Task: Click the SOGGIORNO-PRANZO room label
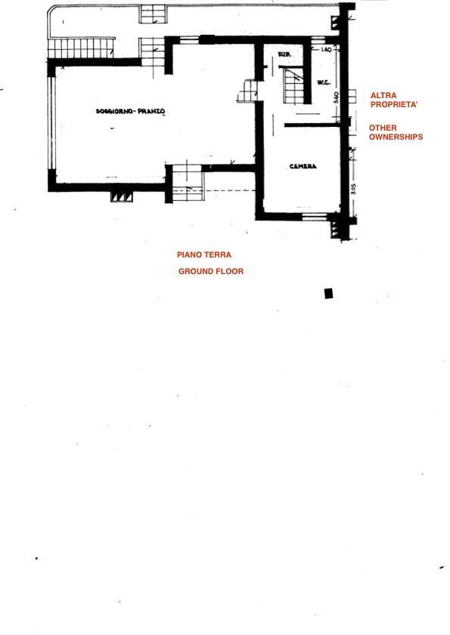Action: (131, 112)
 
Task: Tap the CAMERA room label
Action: (303, 166)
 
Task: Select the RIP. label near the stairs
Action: (285, 55)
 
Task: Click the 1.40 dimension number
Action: (327, 50)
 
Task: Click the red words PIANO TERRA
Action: (204, 255)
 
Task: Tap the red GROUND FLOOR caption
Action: (211, 271)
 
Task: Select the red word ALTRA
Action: (382, 95)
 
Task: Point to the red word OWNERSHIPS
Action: (396, 137)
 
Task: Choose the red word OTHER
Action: (383, 128)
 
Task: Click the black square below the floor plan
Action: (328, 293)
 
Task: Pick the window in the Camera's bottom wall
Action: (314, 216)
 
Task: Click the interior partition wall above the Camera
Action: (310, 124)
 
